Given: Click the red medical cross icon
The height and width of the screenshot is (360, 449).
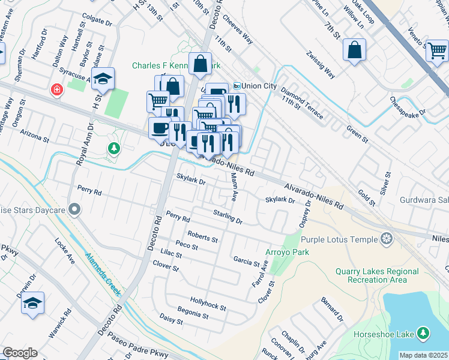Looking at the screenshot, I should pyautogui.click(x=57, y=89).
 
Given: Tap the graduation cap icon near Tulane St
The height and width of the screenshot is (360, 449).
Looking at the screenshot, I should pyautogui.click(x=103, y=79).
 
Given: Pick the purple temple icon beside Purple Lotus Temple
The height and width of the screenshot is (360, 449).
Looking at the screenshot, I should pyautogui.click(x=387, y=239).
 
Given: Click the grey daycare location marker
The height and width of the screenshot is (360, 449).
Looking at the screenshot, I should pyautogui.click(x=74, y=209).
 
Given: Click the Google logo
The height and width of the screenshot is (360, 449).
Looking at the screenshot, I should pyautogui.click(x=20, y=353).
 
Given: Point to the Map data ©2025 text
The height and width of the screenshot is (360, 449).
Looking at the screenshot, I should pyautogui.click(x=423, y=355).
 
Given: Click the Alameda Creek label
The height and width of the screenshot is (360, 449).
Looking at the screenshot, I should pyautogui.click(x=103, y=275).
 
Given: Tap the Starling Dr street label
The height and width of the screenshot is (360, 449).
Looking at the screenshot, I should pyautogui.click(x=228, y=217).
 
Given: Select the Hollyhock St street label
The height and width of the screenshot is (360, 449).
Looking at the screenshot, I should pyautogui.click(x=207, y=303).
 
